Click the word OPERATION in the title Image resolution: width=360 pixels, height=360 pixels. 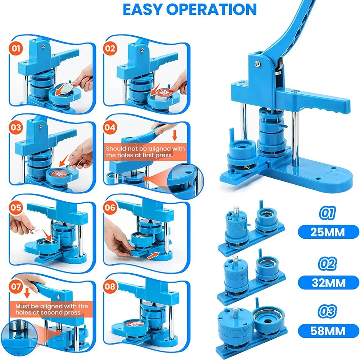211,9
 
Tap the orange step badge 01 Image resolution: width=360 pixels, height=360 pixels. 16,49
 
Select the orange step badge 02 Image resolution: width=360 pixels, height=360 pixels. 110,49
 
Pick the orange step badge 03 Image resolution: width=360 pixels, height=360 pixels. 16,127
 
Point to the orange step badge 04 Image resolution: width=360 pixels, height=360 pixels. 110,127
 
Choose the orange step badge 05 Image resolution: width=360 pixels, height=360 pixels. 16,208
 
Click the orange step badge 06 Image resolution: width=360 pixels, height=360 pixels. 110,208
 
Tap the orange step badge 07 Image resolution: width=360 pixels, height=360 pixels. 16,287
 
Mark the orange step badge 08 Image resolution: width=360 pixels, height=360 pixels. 110,287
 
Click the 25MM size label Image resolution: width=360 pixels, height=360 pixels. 328,232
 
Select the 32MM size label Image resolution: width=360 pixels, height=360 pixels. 328,283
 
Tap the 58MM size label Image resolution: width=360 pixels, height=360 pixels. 328,331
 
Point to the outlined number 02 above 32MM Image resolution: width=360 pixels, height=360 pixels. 327,264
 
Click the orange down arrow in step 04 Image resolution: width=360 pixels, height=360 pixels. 175,135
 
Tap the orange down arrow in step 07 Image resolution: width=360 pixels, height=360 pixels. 27,293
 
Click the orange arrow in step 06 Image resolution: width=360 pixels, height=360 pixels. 153,255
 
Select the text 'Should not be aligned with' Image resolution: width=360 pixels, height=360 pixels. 145,149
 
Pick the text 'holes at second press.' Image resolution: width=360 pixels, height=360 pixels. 49,312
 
